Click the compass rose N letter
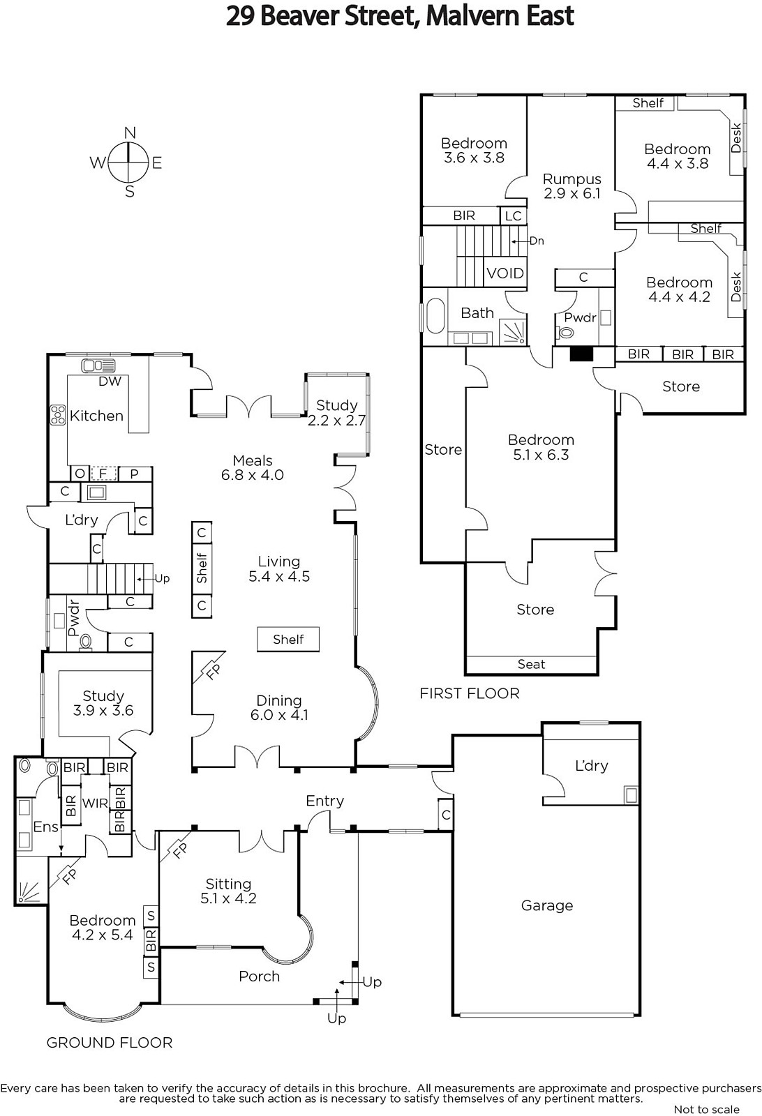click(x=130, y=133)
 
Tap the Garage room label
click(x=546, y=905)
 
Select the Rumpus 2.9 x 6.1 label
click(x=571, y=186)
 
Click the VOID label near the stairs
click(x=505, y=273)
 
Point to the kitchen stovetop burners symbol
click(x=58, y=415)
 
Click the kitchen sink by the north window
click(x=98, y=365)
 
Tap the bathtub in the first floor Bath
click(x=435, y=316)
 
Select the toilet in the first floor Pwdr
click(x=566, y=333)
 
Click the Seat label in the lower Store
click(x=531, y=664)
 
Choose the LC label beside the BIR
click(x=514, y=216)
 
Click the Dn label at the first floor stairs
click(x=536, y=241)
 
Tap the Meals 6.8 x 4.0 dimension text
click(x=252, y=475)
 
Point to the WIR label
click(x=95, y=803)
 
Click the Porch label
click(x=259, y=976)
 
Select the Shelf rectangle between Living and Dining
click(x=288, y=639)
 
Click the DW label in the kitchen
click(x=110, y=381)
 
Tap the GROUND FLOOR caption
click(x=109, y=1042)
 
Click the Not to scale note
click(x=706, y=1110)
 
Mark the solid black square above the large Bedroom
click(x=581, y=354)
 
